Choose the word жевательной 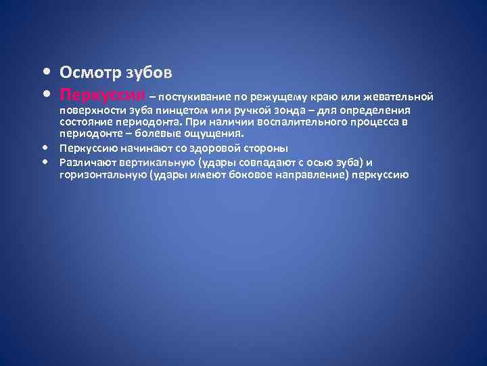coord(395,95)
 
